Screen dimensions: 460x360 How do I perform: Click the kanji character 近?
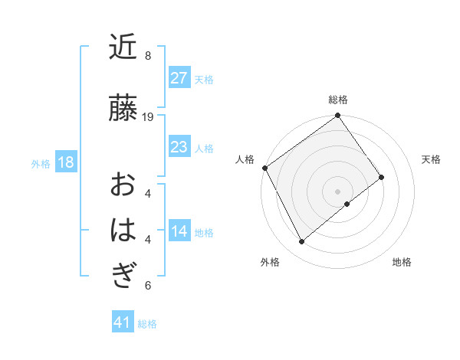(x=123, y=47)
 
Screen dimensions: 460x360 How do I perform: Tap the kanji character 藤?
(x=123, y=107)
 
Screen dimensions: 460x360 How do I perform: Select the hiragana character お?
(x=123, y=185)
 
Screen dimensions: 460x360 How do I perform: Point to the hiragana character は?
(x=123, y=230)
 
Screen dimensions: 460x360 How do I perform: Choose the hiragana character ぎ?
(x=123, y=273)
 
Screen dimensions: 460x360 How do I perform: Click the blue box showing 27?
(x=179, y=78)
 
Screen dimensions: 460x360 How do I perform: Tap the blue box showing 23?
(x=179, y=147)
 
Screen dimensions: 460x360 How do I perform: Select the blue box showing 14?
(x=179, y=231)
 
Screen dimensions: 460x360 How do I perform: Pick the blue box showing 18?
(x=65, y=162)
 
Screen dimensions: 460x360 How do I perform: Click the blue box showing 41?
(x=123, y=322)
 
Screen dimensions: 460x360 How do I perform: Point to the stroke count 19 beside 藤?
(x=148, y=116)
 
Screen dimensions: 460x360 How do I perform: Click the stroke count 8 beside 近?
(x=148, y=55)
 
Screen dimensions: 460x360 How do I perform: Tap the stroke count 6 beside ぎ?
(x=148, y=286)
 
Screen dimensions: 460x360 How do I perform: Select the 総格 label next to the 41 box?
(x=147, y=324)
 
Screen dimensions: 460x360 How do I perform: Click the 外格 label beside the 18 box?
(x=41, y=163)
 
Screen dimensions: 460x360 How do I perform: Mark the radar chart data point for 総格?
(x=337, y=116)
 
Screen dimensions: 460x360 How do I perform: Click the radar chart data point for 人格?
(x=264, y=168)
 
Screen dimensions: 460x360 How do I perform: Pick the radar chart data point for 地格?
(x=347, y=204)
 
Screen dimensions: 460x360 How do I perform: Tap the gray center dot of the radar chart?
(x=337, y=190)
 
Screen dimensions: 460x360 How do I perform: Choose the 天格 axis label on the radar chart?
(x=431, y=159)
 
